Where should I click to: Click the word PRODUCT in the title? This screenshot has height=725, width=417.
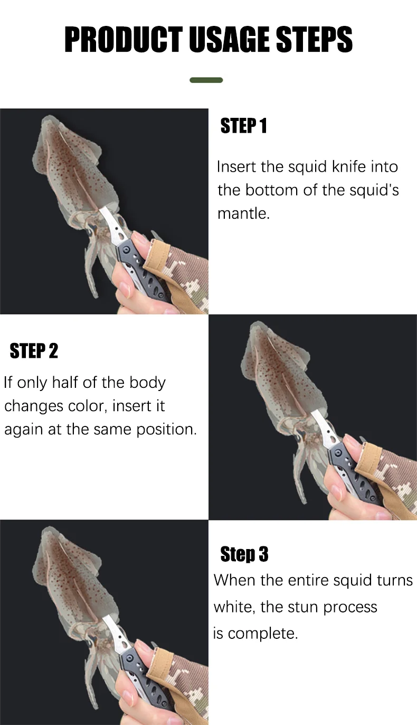coord(124,39)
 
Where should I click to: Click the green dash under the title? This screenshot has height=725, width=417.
coord(206,80)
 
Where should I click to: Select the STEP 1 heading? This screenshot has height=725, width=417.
coord(244,126)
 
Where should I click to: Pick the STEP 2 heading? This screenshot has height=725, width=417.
coord(34,351)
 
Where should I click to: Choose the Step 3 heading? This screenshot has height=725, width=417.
coord(244,554)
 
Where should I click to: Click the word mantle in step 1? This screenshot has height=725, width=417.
coord(243,213)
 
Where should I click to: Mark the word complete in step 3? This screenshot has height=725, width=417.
coord(262,634)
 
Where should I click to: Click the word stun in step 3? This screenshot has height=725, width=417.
coord(300,607)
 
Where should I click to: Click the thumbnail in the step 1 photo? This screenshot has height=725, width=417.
coord(140,239)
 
